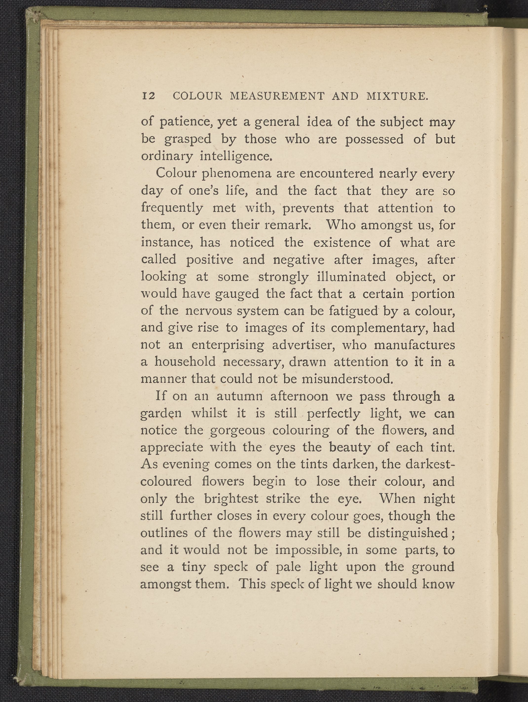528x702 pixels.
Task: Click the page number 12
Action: (149, 96)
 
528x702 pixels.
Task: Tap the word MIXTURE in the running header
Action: (397, 96)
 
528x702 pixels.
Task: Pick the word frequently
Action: (172, 208)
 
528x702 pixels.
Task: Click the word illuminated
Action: (351, 277)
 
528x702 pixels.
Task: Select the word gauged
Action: (237, 294)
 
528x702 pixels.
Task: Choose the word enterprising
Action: (228, 345)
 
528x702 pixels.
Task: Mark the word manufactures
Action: (414, 345)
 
